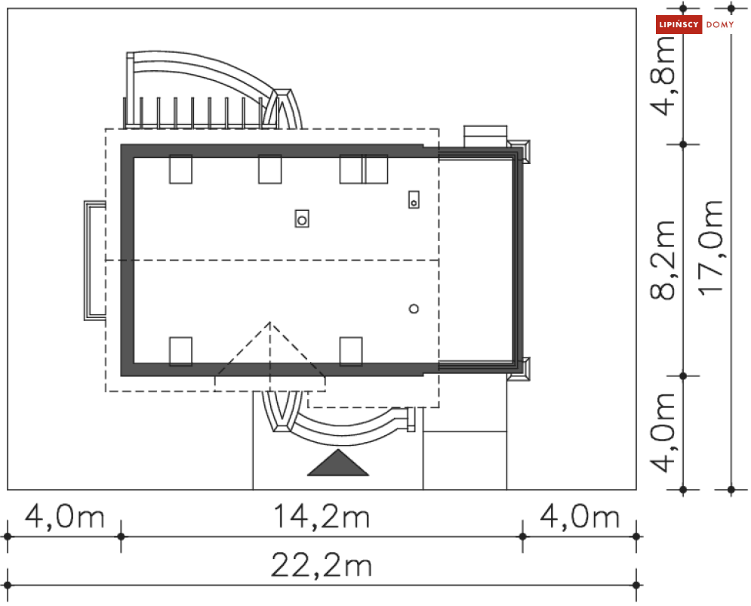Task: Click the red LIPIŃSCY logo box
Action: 679,24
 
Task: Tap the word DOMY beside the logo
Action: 720,24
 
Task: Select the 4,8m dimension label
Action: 663,77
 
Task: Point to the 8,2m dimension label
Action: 663,260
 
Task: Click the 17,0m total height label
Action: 710,247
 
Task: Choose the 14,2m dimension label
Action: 322,517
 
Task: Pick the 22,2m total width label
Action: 322,565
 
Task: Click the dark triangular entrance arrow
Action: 338,462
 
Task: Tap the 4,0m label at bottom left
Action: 65,517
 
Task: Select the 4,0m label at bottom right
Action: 580,517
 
